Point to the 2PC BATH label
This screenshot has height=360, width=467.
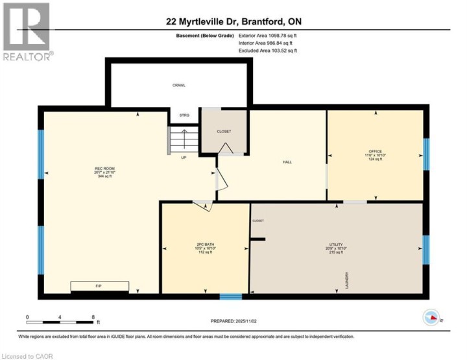click(x=205, y=245)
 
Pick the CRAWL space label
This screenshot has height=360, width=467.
click(x=179, y=85)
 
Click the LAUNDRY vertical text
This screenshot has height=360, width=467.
click(x=348, y=280)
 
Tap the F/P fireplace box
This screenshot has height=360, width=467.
click(x=99, y=287)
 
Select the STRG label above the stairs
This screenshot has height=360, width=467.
click(x=184, y=115)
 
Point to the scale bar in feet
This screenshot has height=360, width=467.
click(x=62, y=321)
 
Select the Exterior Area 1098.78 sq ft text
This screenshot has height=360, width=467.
click(x=268, y=36)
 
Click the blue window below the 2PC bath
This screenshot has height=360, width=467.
click(x=230, y=297)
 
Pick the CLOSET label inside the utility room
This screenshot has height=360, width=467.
click(x=258, y=221)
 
